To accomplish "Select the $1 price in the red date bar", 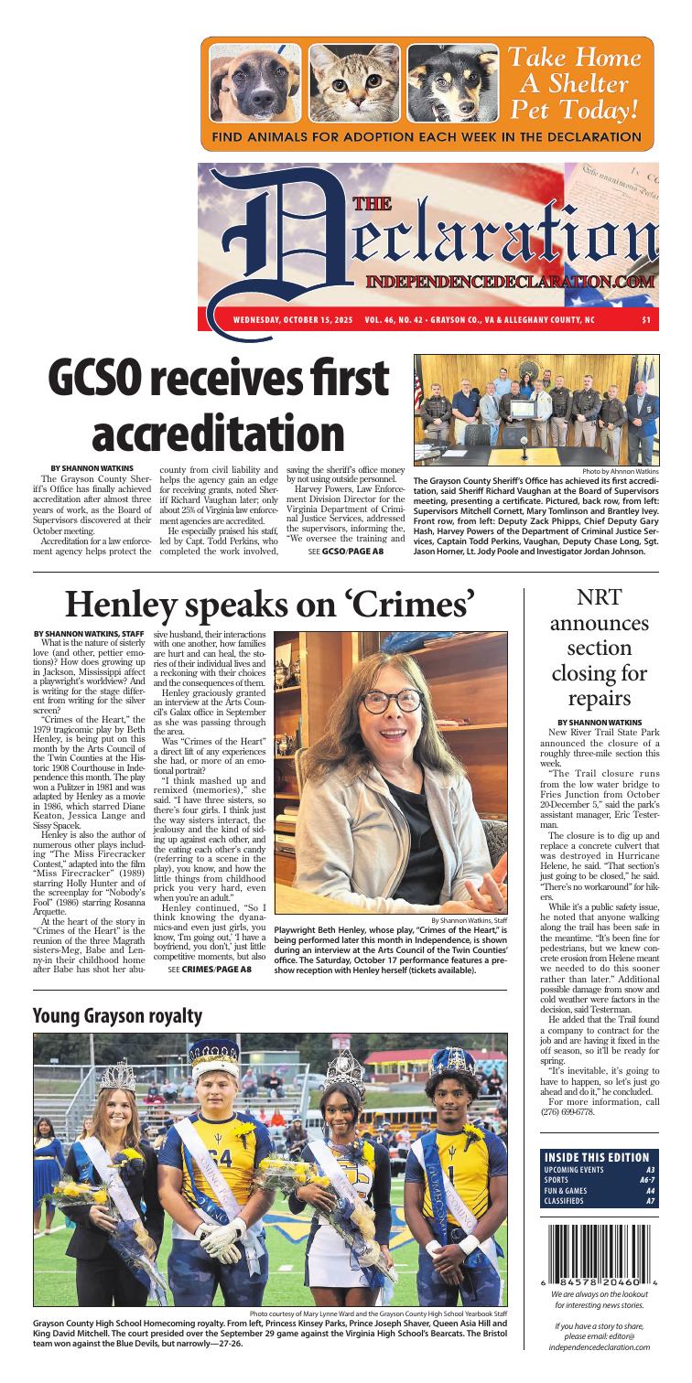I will point(647,320).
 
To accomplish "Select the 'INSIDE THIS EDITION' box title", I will point(599,1156).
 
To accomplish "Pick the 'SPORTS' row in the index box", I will point(599,1180).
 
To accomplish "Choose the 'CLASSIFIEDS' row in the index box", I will point(599,1201).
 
